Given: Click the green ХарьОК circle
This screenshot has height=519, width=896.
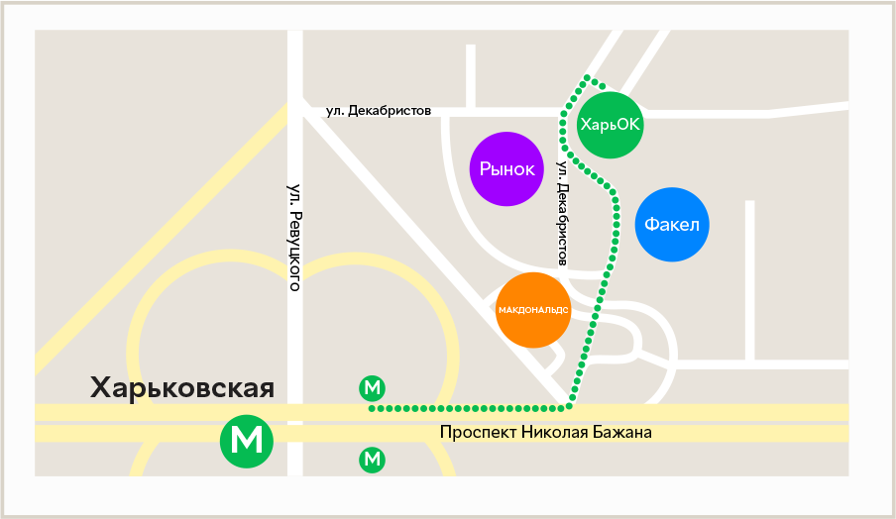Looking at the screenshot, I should pos(610,125).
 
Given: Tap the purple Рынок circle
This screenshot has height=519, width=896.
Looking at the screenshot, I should pos(506,169).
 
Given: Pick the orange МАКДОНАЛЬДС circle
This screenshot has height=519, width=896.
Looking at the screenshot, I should pos(533,309).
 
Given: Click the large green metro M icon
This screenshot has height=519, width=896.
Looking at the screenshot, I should pos(246,438).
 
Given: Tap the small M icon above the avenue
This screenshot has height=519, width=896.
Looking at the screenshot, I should pos(373,388).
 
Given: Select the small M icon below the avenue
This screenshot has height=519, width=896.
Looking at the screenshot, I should pos(373,459).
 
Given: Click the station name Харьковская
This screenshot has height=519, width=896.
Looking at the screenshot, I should pos(181,387).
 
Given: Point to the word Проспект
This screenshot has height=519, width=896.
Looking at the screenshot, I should pos(478,433).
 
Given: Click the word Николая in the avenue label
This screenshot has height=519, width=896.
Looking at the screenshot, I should pos(558,433).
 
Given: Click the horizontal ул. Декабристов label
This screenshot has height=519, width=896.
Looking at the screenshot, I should pos(379,111).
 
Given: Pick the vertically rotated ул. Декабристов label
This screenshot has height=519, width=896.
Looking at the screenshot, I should pos(563,213).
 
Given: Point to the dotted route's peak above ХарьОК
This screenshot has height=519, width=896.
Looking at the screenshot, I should pos(589,77).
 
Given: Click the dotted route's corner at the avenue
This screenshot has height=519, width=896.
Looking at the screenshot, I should pos(569,406).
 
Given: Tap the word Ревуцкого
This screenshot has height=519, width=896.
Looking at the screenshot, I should pos(293,250).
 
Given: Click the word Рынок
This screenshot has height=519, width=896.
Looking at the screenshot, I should pos(506,169).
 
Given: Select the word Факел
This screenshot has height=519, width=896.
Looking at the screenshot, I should pos(672,225).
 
